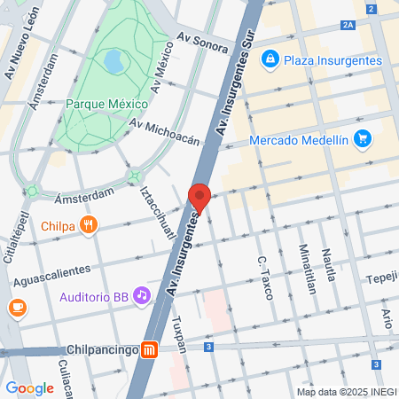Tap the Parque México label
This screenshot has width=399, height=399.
(106, 104)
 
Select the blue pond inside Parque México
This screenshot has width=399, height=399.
(113, 62)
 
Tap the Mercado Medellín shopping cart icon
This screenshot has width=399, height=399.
(361, 139)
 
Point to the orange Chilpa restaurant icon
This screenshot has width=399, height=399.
(87, 225)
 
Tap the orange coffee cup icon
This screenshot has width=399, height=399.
(17, 308)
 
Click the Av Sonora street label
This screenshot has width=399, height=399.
(202, 40)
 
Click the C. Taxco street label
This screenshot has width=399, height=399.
(263, 277)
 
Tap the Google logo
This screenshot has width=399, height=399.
(29, 387)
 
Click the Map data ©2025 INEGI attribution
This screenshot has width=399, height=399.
(345, 392)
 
